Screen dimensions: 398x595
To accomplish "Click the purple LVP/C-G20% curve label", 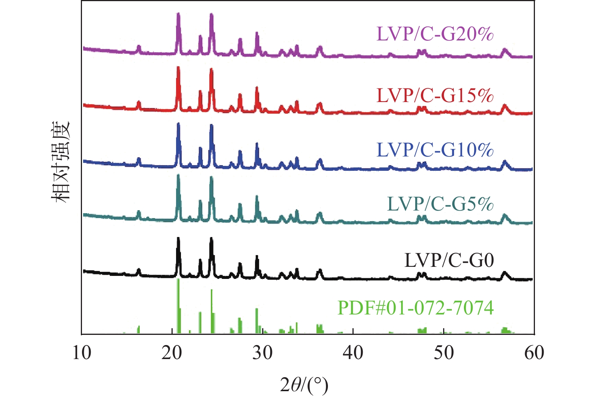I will tap(435, 34).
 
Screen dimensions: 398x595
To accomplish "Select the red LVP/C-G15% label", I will tap(435, 95).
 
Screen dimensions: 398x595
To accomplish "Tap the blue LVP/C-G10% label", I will tap(435, 150).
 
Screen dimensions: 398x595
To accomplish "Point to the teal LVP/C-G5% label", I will tap(440, 204).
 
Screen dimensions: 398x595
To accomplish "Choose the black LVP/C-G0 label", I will tap(449, 260).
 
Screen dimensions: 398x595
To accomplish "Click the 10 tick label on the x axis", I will tap(82, 353).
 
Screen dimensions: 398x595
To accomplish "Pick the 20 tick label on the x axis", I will tap(172, 353).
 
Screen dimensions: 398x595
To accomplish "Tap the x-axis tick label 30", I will tap(263, 353).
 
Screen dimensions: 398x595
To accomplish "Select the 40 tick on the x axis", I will tap(353, 353).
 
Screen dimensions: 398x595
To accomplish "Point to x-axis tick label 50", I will tap(444, 353).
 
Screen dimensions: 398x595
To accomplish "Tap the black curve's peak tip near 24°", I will tap(211, 238).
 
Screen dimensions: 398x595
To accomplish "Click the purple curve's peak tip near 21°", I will tap(178, 14).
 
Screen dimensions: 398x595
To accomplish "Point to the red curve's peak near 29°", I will tap(257, 88).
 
